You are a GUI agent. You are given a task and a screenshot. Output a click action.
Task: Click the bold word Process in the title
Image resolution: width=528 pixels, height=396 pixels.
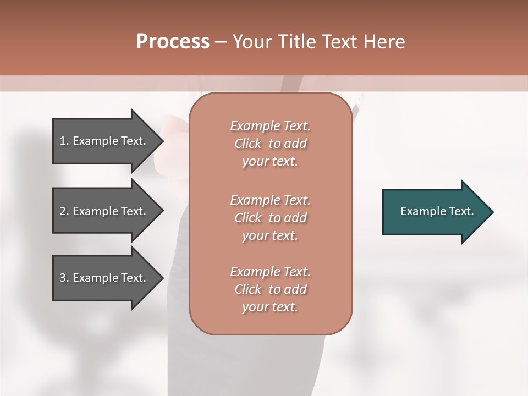click(173, 42)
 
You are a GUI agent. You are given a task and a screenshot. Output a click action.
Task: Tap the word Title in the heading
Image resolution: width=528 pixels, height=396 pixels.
click(296, 42)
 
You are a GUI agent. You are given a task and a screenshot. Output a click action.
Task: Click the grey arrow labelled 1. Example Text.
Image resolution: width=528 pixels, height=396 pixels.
click(105, 141)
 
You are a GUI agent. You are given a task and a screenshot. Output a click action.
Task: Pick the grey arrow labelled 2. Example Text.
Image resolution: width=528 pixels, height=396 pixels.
click(105, 211)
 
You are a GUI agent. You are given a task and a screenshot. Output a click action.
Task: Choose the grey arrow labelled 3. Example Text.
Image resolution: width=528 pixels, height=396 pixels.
click(105, 278)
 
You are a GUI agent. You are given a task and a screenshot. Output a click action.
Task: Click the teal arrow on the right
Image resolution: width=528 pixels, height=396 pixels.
click(435, 211)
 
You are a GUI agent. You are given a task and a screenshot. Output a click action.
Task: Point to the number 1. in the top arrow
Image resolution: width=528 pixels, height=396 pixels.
click(64, 141)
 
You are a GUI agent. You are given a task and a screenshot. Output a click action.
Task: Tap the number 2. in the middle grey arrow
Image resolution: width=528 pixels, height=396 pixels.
click(64, 211)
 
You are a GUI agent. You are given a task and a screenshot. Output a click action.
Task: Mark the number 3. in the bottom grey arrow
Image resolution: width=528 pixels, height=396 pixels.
click(64, 278)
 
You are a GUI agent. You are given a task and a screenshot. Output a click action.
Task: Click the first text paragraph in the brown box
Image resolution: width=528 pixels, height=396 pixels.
click(270, 144)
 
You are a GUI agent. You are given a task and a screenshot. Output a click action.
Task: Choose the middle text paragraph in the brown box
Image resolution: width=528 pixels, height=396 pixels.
click(270, 218)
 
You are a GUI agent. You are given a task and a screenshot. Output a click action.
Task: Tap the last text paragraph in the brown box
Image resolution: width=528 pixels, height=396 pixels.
click(270, 289)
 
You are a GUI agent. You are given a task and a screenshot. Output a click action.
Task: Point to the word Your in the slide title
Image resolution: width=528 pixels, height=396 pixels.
click(251, 42)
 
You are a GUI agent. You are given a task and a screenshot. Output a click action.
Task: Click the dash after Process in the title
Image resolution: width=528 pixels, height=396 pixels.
click(221, 42)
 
